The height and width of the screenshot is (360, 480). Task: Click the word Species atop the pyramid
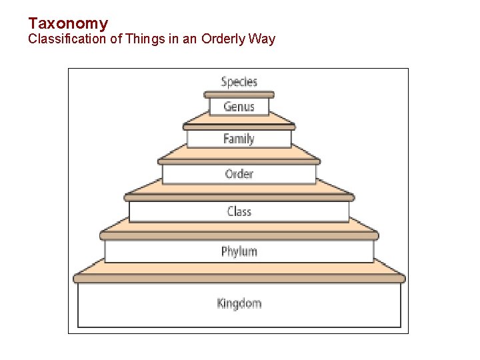(239, 82)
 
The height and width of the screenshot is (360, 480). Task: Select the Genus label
(239, 107)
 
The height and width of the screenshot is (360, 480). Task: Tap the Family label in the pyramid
(239, 139)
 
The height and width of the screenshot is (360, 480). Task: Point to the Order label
(239, 174)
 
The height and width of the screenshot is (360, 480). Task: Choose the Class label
(239, 211)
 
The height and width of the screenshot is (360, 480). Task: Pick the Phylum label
(239, 251)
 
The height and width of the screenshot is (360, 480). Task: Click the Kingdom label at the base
(239, 303)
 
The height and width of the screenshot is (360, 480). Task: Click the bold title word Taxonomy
(68, 24)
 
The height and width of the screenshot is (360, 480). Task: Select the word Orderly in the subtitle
(223, 39)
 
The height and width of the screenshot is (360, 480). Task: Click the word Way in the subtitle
(262, 39)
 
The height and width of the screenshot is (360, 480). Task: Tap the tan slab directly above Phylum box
(239, 231)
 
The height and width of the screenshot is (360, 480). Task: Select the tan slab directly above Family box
(239, 121)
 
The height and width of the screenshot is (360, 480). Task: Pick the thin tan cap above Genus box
(239, 95)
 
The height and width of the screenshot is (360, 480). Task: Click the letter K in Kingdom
(221, 303)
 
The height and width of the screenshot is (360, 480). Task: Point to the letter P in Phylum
(225, 251)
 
